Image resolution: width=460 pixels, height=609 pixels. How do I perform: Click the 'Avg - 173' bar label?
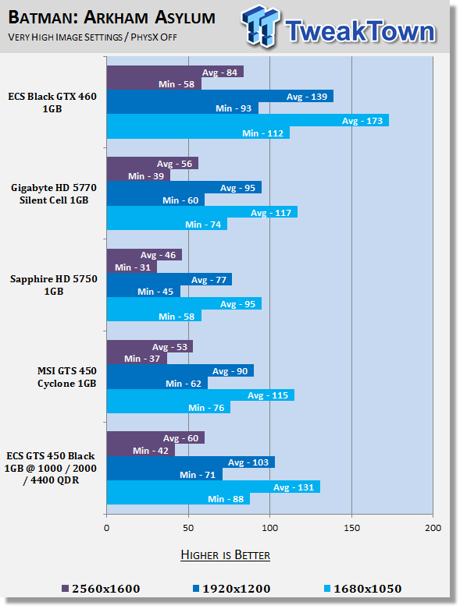(x=362, y=121)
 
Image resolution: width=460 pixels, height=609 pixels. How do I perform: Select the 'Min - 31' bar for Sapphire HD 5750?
(x=132, y=267)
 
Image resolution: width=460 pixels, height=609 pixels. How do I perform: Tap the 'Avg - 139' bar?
(x=220, y=97)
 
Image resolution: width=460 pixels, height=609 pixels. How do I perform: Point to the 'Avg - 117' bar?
(x=202, y=212)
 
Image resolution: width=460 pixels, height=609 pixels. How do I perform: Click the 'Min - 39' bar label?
(x=146, y=176)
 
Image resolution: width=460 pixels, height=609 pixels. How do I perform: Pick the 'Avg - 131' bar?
(x=213, y=487)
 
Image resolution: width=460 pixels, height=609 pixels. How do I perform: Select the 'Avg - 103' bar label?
(x=248, y=462)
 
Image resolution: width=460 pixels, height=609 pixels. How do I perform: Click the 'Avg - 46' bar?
(x=144, y=255)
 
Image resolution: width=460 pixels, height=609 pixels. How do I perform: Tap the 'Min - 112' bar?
(x=198, y=133)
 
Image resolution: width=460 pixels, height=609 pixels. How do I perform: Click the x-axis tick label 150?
(x=351, y=528)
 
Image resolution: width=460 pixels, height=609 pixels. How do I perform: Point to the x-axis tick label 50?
(x=188, y=528)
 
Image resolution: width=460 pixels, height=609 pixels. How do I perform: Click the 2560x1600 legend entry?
(x=101, y=589)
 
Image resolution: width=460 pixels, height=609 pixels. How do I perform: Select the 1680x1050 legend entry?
(x=363, y=589)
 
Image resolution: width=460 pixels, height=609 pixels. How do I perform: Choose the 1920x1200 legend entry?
(x=232, y=589)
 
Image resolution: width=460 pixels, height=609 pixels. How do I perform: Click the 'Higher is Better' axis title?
(x=226, y=554)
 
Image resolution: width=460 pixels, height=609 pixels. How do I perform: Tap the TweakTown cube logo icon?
(x=260, y=26)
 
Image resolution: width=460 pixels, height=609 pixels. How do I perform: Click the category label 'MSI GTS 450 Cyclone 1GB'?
(x=67, y=377)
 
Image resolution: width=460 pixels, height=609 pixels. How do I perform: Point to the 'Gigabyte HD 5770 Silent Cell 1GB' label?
(x=54, y=194)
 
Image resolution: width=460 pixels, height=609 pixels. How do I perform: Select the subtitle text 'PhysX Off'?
(x=154, y=37)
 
